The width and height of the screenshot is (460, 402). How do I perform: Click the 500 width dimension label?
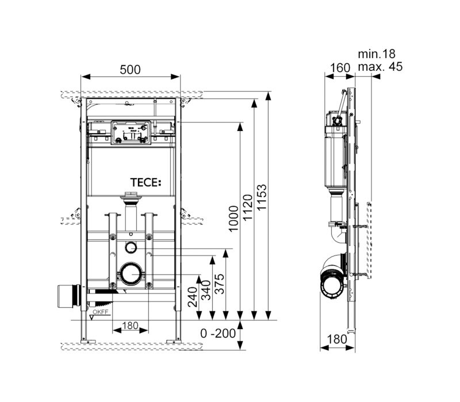coord(131,69)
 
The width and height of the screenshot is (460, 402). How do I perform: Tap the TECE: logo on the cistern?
coord(145,183)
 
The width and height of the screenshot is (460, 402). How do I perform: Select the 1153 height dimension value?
coord(262,197)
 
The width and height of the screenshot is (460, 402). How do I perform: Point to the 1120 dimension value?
coord(248,207)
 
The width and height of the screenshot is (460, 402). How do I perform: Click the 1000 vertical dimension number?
coord(234,219)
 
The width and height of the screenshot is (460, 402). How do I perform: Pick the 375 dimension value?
coord(219,284)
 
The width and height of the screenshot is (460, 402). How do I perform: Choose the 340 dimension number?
coord(206,290)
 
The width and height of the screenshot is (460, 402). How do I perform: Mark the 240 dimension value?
coord(193,297)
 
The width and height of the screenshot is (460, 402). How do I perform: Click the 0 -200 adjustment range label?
coord(218,333)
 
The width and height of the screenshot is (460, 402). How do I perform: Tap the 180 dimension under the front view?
coord(131,326)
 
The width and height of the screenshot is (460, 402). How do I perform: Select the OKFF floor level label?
coord(101,312)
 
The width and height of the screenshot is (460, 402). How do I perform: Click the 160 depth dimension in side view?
coord(340,68)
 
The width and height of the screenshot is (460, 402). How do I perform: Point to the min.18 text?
coord(377,54)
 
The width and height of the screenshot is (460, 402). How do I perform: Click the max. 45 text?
coord(380,67)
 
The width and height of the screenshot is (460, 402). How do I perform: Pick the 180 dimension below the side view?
coord(337,339)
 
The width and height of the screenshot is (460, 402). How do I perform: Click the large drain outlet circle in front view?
coord(131,274)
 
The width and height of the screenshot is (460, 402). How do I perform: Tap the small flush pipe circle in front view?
coord(131,248)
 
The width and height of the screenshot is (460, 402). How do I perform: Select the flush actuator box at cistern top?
coord(131,133)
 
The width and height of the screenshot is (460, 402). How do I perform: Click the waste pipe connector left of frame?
coord(69,296)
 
